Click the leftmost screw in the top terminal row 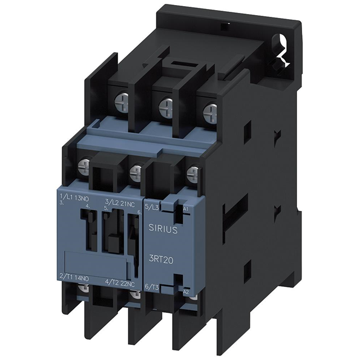click(122, 101)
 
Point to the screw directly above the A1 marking click(192, 173)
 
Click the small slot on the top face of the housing click(224, 26)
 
